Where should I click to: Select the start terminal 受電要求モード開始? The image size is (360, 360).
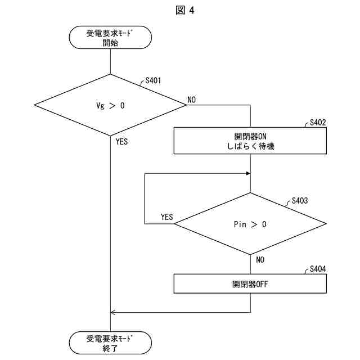[x=110, y=38]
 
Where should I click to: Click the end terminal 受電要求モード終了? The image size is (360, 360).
[x=110, y=343]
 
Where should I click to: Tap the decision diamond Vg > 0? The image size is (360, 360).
[x=110, y=105]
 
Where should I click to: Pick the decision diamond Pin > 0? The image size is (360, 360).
[x=250, y=224]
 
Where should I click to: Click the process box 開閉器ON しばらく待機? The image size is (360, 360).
[x=250, y=141]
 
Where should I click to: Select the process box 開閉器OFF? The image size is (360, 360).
[x=250, y=283]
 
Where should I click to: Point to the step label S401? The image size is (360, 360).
[x=153, y=80]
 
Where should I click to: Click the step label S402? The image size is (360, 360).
[x=318, y=122]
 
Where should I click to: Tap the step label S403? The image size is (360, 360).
[x=300, y=201]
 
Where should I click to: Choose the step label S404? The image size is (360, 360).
[x=318, y=269]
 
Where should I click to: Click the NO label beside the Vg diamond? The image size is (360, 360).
[x=192, y=100]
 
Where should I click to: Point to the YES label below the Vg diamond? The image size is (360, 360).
[x=121, y=142]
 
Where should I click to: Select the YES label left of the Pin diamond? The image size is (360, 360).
[x=166, y=217]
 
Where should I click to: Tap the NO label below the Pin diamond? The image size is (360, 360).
[x=260, y=260]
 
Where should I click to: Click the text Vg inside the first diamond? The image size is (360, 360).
[x=101, y=105]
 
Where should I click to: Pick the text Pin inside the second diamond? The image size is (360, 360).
[x=240, y=224]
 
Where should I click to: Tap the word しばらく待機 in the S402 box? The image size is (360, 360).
[x=250, y=146]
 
